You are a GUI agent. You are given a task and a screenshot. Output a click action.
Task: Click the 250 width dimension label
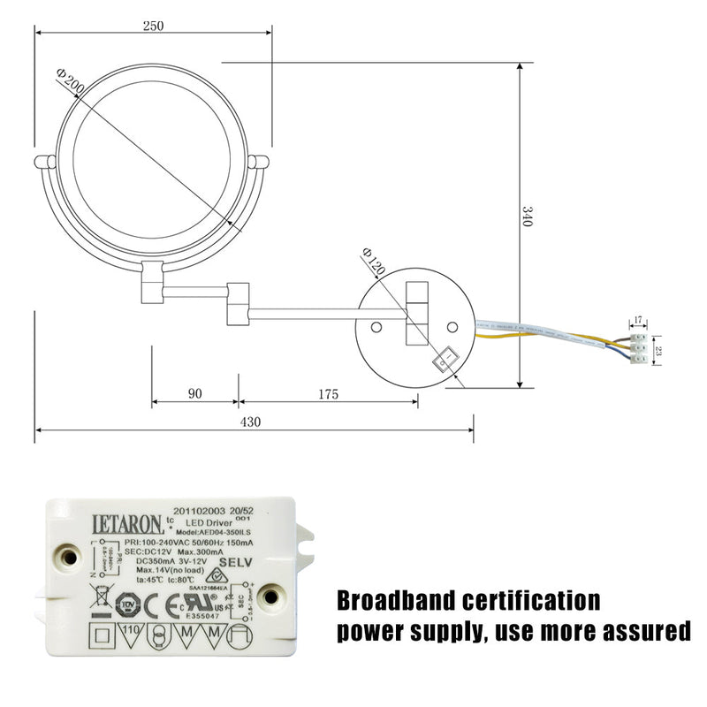click(153, 26)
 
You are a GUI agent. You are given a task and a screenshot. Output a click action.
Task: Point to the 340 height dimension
click(528, 217)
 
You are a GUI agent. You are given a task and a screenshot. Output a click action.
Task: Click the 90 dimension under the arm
click(195, 394)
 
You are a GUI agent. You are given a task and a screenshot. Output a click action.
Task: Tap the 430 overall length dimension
click(250, 422)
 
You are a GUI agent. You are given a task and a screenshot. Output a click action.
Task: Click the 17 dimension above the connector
click(638, 321)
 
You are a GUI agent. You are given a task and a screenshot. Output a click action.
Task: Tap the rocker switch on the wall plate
click(445, 359)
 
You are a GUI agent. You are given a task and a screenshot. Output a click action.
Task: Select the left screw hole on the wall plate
click(376, 327)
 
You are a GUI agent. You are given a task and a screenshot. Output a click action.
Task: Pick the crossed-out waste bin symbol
click(102, 595)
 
